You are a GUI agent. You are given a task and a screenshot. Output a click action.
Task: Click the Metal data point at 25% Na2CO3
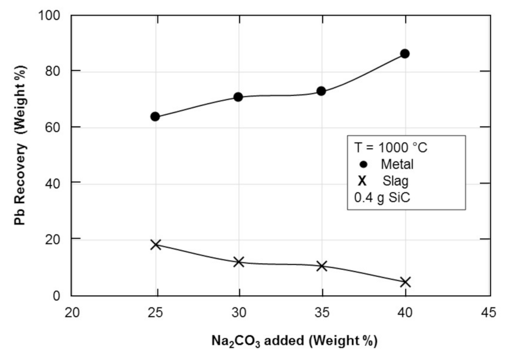click(155, 116)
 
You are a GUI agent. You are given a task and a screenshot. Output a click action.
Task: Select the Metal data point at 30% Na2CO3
click(238, 97)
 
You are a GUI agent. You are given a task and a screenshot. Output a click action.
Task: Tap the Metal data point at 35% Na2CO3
click(321, 91)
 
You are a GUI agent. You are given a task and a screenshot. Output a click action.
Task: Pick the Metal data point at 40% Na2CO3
click(405, 53)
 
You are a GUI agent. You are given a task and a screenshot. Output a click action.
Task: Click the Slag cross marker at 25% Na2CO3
click(155, 244)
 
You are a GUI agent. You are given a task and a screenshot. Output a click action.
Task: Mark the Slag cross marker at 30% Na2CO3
click(238, 262)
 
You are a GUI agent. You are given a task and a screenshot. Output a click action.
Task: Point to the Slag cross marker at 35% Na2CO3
click(321, 265)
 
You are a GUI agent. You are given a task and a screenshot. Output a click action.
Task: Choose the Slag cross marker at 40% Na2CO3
click(405, 282)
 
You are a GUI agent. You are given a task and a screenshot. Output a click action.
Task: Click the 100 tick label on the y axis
click(54, 15)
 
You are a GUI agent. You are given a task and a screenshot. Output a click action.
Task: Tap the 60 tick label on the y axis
click(57, 127)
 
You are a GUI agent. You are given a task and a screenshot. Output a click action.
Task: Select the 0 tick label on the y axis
click(60, 295)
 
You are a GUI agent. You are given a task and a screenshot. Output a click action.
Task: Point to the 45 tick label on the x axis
click(488, 312)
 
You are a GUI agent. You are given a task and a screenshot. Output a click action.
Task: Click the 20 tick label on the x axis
click(72, 312)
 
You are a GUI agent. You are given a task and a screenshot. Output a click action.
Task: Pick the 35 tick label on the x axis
click(321, 312)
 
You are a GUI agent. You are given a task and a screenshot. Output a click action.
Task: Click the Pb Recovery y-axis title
click(20, 154)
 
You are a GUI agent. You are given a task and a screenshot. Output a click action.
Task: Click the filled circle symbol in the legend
click(361, 164)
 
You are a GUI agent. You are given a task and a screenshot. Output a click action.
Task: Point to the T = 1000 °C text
click(391, 147)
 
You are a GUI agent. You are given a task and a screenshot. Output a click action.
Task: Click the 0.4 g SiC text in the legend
click(383, 198)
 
